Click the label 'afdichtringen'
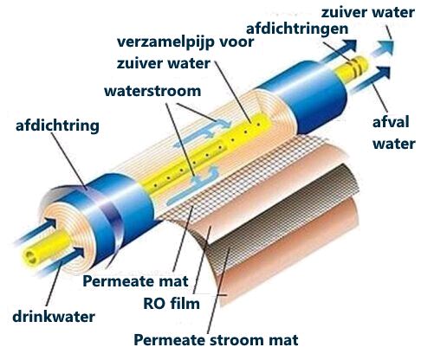click(x=297, y=29)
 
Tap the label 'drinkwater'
click(x=54, y=317)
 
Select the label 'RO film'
click(x=172, y=304)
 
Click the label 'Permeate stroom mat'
click(x=216, y=340)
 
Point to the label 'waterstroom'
click(x=152, y=91)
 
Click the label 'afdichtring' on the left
click(x=57, y=126)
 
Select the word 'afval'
click(x=391, y=122)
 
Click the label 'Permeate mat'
click(x=135, y=281)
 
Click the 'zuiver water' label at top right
click(x=368, y=12)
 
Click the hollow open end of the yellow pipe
click(x=30, y=256)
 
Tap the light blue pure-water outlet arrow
click(x=383, y=48)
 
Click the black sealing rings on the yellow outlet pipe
click(x=356, y=65)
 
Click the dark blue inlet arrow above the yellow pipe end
click(x=36, y=231)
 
